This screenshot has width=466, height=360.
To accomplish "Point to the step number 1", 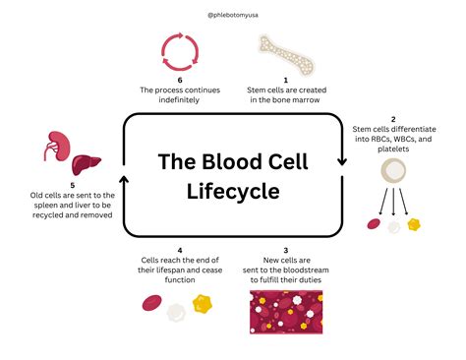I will point(286,81).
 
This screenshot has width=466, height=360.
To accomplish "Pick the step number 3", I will point(286,251).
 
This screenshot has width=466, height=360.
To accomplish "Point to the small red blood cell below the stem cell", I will point(375,224).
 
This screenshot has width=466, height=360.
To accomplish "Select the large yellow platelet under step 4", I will point(204,306).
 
